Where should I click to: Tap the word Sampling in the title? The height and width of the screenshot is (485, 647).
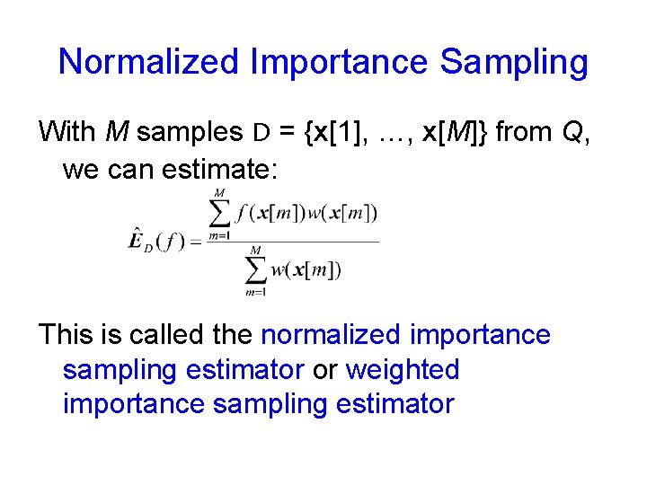[x=514, y=62]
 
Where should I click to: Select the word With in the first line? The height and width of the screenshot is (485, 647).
[x=67, y=132]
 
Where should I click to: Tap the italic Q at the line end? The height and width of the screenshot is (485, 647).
[x=572, y=132]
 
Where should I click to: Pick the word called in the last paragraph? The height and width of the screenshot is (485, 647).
[x=164, y=335]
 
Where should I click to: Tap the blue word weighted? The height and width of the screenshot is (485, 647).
[x=402, y=369]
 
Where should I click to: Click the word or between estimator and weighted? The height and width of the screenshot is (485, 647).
[x=324, y=369]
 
